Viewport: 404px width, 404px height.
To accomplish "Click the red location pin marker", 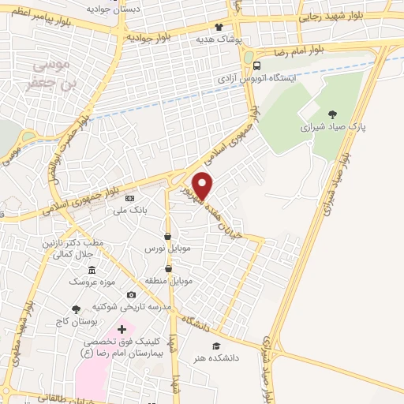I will (x=204, y=185).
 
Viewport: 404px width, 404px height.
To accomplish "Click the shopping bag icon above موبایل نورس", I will (x=167, y=236).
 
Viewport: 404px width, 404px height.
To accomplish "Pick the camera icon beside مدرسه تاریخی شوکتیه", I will (x=130, y=294).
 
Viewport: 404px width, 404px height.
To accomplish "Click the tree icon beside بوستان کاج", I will (x=76, y=309).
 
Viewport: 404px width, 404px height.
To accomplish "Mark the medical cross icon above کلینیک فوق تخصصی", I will (x=121, y=328).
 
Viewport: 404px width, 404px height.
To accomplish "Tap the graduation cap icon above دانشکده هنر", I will (x=215, y=345).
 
